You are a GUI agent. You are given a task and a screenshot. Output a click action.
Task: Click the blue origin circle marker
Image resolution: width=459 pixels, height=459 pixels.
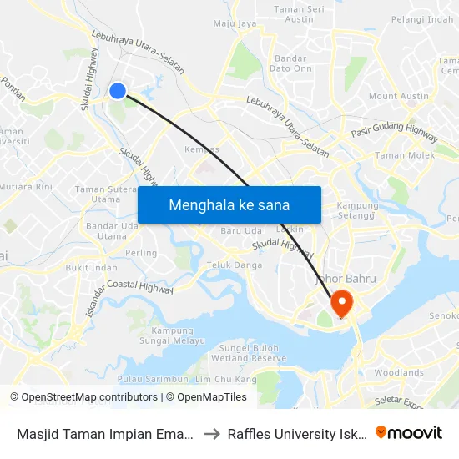119,91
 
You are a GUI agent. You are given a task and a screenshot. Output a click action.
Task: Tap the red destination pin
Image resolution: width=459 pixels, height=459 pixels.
342,302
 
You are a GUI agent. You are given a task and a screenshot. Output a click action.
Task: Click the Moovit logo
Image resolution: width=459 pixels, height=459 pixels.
409,432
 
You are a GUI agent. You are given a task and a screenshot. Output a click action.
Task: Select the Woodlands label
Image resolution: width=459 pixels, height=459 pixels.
400,373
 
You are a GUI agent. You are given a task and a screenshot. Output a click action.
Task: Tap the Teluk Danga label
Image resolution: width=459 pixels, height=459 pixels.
234,265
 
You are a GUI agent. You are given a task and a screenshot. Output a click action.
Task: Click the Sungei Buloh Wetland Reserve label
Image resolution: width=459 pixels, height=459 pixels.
252,352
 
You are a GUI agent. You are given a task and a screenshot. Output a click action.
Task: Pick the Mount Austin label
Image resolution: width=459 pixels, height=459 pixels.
397,97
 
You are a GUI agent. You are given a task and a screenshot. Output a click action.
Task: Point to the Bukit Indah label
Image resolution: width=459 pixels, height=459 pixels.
91,268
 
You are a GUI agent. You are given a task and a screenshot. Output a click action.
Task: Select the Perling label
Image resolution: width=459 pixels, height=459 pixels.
139,253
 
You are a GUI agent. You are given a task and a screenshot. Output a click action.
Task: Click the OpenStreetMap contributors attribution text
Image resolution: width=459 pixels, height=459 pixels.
83,397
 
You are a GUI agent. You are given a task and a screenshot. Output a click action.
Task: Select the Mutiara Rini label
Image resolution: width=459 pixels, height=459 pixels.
26,187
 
